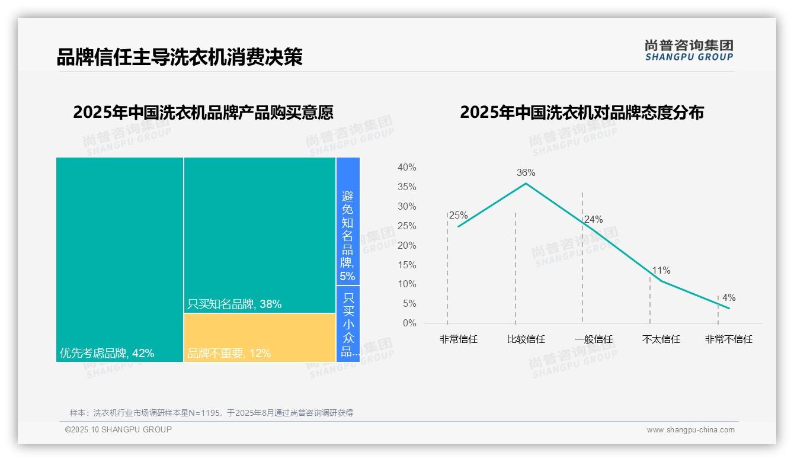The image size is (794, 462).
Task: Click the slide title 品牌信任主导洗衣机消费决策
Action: tap(180, 57)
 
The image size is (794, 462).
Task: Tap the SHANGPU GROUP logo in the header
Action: tap(689, 50)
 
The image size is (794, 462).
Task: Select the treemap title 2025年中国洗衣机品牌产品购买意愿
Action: tap(203, 112)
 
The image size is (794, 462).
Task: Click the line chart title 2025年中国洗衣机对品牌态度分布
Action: tap(582, 112)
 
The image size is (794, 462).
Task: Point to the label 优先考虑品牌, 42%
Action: tap(107, 354)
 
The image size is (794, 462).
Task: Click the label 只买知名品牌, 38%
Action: tap(234, 304)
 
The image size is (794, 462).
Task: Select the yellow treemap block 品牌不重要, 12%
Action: tap(260, 338)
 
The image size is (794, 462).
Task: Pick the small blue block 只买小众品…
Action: tap(348, 324)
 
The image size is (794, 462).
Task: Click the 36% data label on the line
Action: tap(526, 173)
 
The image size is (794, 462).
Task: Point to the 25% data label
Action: tap(458, 216)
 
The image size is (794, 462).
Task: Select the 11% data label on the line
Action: tap(661, 271)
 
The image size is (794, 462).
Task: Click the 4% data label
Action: tap(729, 298)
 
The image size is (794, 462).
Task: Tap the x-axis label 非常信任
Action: tap(458, 339)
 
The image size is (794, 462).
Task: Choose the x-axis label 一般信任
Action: tap(594, 339)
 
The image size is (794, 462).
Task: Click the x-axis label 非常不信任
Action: tap(729, 339)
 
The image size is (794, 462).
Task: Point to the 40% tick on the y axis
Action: tap(406, 168)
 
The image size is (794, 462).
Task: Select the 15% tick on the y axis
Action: tap(406, 265)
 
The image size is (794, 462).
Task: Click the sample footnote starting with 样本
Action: tap(212, 413)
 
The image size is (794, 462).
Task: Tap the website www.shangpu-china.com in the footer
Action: tap(690, 430)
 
